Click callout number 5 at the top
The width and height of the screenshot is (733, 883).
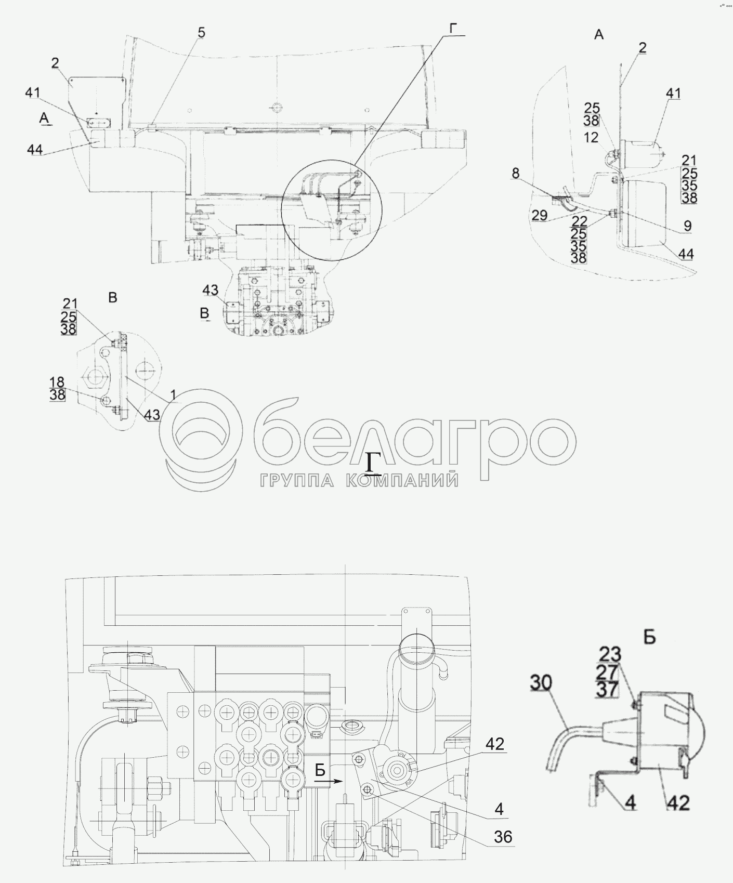(201, 33)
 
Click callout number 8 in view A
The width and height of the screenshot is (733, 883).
(515, 173)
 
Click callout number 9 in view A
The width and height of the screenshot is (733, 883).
(688, 226)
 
